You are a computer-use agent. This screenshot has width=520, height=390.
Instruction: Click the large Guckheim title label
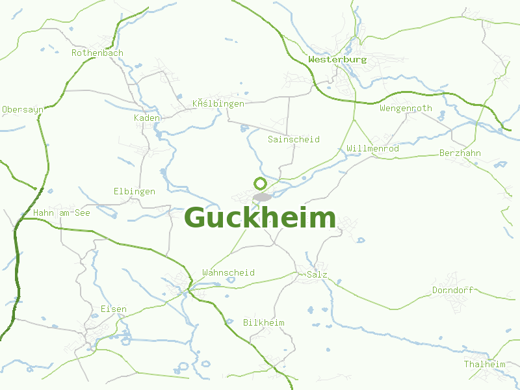tap(260, 218)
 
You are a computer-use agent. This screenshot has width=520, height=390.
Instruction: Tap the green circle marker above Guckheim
tap(260, 183)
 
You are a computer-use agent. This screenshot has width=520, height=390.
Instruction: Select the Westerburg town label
tap(337, 59)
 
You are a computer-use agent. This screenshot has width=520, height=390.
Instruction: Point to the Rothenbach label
tap(97, 53)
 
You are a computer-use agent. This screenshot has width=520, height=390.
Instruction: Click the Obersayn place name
tap(23, 109)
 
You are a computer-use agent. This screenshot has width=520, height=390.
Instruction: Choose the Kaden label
tap(147, 118)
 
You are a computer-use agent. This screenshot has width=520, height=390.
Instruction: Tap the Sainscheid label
tap(294, 139)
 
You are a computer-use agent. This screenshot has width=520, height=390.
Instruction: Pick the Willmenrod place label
tap(373, 149)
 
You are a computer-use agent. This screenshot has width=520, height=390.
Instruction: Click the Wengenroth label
tap(406, 108)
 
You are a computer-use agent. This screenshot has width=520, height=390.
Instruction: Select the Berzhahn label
tap(460, 153)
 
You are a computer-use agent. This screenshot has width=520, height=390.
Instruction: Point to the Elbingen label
tap(135, 191)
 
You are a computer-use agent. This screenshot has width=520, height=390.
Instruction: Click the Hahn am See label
tap(62, 212)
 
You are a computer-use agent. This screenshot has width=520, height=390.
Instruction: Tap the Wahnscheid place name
tap(229, 272)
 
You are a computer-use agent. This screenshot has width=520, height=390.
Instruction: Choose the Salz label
tap(317, 274)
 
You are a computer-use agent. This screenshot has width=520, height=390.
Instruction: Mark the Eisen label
tap(114, 309)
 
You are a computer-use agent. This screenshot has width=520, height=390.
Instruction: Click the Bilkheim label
tap(264, 322)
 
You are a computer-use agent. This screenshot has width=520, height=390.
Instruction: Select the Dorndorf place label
tap(452, 290)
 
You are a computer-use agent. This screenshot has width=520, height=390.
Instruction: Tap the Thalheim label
tap(484, 364)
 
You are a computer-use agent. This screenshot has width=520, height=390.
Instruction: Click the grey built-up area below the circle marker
tap(263, 196)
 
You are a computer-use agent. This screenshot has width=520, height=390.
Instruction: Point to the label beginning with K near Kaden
tap(218, 103)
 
